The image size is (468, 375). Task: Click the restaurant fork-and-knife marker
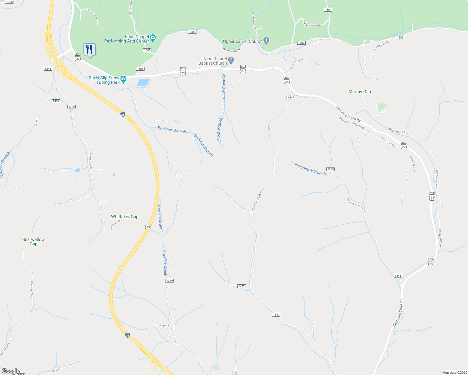[x=89, y=49]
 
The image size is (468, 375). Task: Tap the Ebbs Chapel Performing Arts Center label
[x=127, y=39]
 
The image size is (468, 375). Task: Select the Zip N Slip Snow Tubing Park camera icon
[x=124, y=78]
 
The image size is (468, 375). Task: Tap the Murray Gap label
[x=360, y=92]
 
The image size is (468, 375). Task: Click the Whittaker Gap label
[x=125, y=217]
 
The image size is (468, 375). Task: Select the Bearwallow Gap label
[x=33, y=242]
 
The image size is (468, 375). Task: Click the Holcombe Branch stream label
[x=310, y=169]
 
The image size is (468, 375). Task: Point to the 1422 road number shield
[x=241, y=286]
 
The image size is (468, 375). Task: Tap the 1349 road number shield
[x=169, y=281]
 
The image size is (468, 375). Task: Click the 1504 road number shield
[x=328, y=10]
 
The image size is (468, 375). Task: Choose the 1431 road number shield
[x=56, y=101]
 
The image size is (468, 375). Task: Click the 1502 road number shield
[x=147, y=50]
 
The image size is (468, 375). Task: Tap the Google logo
[x=11, y=371]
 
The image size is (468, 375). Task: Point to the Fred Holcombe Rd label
[x=354, y=203]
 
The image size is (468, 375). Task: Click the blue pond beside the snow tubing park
[x=143, y=82]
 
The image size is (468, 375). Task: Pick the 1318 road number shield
[x=9, y=2]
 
